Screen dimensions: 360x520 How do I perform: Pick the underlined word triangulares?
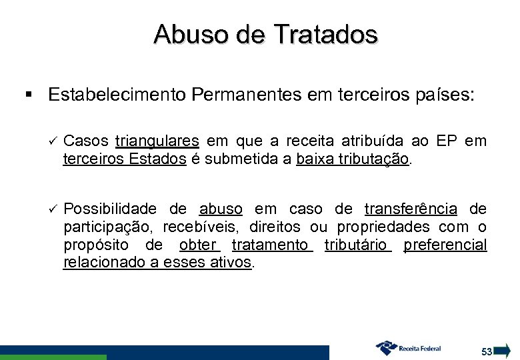click(157, 141)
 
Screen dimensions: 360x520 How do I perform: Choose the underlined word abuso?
click(221, 207)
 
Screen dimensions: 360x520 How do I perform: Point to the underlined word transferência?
click(411, 207)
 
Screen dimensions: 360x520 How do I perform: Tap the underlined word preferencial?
click(445, 244)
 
